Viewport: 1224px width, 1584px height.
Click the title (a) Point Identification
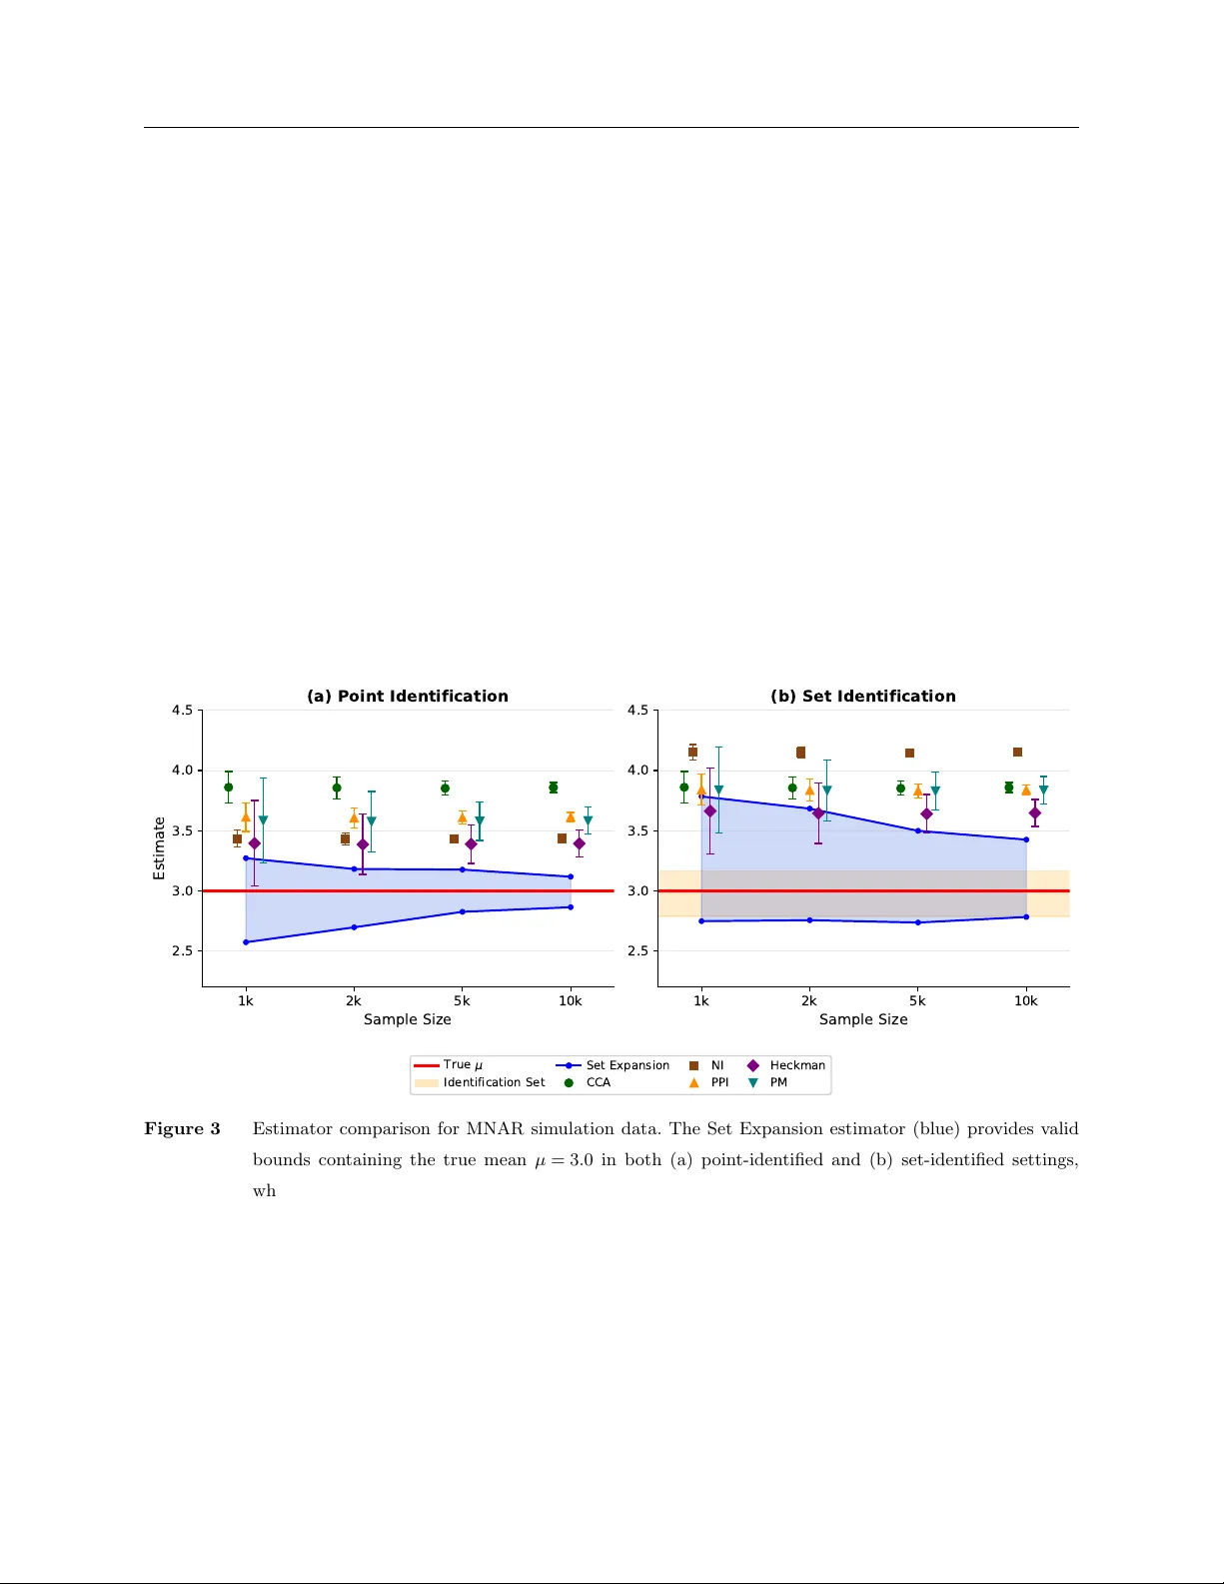[x=407, y=696]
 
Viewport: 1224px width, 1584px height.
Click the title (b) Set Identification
[x=862, y=696]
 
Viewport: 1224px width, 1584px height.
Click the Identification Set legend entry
[x=494, y=1082]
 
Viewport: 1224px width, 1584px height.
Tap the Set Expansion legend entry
[x=626, y=1065]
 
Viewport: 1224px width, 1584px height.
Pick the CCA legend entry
[x=598, y=1082]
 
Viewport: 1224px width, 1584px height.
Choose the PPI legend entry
[x=718, y=1082]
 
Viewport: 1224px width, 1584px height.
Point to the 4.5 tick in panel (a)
[x=182, y=711]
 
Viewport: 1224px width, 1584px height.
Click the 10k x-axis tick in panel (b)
[x=1025, y=1000]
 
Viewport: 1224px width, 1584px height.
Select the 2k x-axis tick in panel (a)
[x=354, y=1000]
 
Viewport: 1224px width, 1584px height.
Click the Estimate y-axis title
[x=159, y=848]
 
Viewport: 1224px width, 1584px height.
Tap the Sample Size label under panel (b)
[x=863, y=1019]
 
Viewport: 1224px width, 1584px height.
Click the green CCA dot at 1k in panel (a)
[x=228, y=787]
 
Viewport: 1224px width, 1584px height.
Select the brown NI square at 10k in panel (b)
[x=1017, y=752]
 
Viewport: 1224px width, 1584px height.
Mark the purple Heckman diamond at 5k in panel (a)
[x=471, y=844]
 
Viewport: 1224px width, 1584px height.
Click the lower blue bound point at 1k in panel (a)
[x=246, y=942]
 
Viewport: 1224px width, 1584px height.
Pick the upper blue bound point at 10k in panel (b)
[x=1026, y=839]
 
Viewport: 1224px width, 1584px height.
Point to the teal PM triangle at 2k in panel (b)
[x=826, y=791]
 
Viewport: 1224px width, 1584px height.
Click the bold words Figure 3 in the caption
[x=182, y=1128]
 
